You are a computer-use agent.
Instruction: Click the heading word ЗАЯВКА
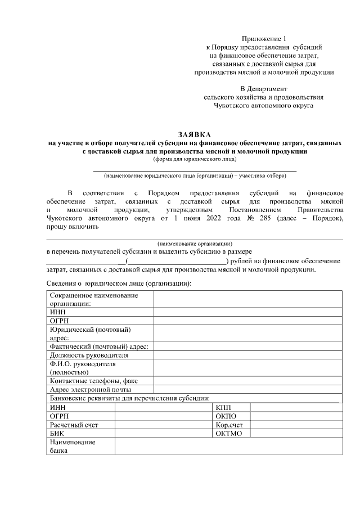(194, 135)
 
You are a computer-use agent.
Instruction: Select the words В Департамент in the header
(264, 88)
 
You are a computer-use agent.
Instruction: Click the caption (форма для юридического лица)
(194, 159)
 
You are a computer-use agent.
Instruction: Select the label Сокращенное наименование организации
(93, 299)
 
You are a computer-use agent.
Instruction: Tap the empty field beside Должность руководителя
(247, 355)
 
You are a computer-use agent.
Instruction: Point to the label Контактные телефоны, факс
(93, 381)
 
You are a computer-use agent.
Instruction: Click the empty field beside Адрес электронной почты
(247, 389)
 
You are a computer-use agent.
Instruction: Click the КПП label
(223, 407)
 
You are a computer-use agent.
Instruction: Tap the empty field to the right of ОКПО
(296, 416)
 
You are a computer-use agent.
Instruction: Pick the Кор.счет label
(229, 425)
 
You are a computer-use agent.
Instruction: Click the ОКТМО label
(228, 434)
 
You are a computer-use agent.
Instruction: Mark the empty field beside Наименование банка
(228, 447)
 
